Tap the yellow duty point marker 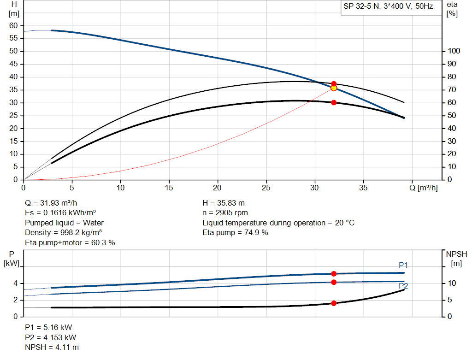tap(334, 88)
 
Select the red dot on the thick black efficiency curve tap(334, 102)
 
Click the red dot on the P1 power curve tap(334, 274)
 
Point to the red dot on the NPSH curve tap(334, 303)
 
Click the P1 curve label tap(403, 265)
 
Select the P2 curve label tap(403, 286)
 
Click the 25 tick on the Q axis tap(266, 188)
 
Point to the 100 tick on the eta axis tap(454, 51)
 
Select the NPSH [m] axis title tap(456, 259)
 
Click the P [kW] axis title tap(12, 259)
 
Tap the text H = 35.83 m tap(224, 203)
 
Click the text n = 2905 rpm tap(225, 213)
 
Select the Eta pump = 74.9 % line tap(235, 233)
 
